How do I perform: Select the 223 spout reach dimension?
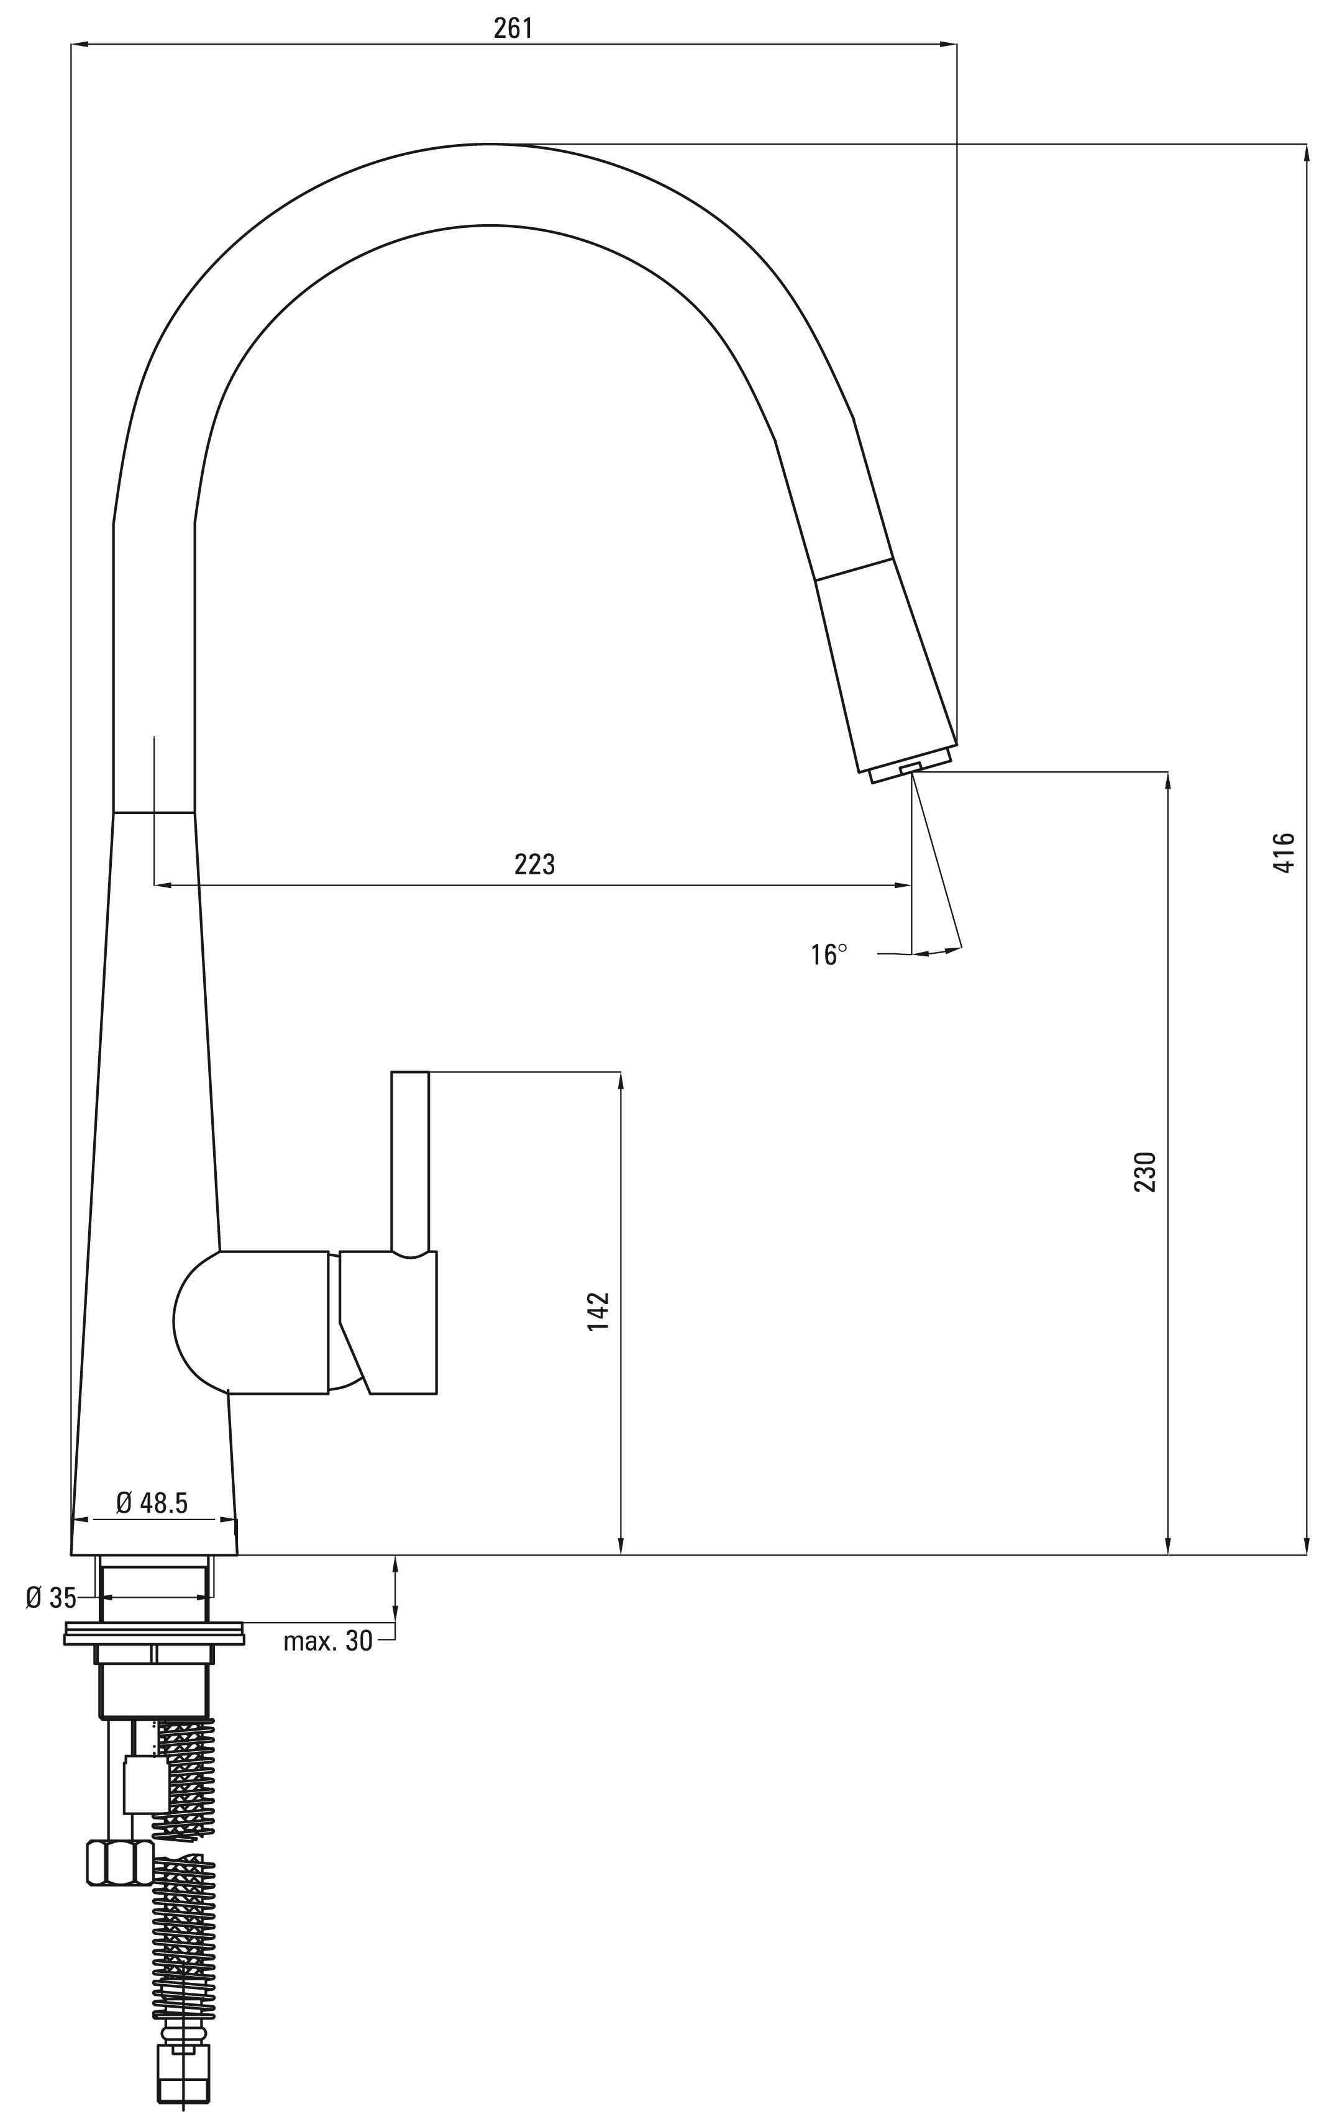(x=534, y=865)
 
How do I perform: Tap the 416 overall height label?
(x=1284, y=853)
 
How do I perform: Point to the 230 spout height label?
(x=1146, y=1171)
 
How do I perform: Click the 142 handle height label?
(x=598, y=1312)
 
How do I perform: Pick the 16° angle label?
(x=829, y=954)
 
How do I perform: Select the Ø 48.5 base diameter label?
(x=152, y=1503)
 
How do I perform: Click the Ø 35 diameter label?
(x=51, y=1598)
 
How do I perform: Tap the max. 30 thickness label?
(x=328, y=1641)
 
